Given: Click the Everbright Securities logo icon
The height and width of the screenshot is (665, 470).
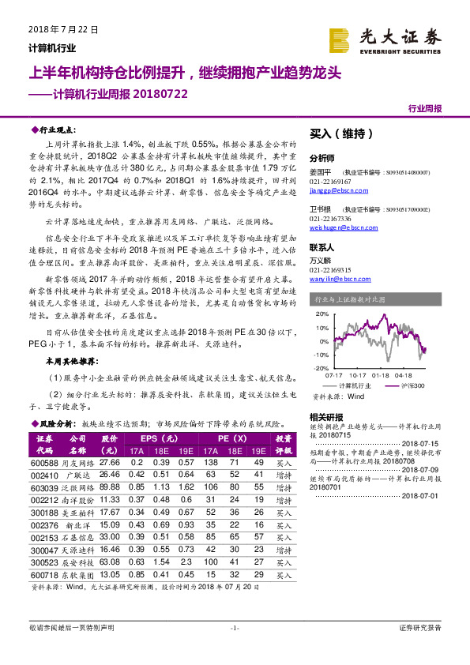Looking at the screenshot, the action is pyautogui.click(x=340, y=40).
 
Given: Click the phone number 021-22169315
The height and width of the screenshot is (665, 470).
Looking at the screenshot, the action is pyautogui.click(x=333, y=269).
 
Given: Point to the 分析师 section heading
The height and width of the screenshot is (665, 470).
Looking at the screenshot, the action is pyautogui.click(x=322, y=158).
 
